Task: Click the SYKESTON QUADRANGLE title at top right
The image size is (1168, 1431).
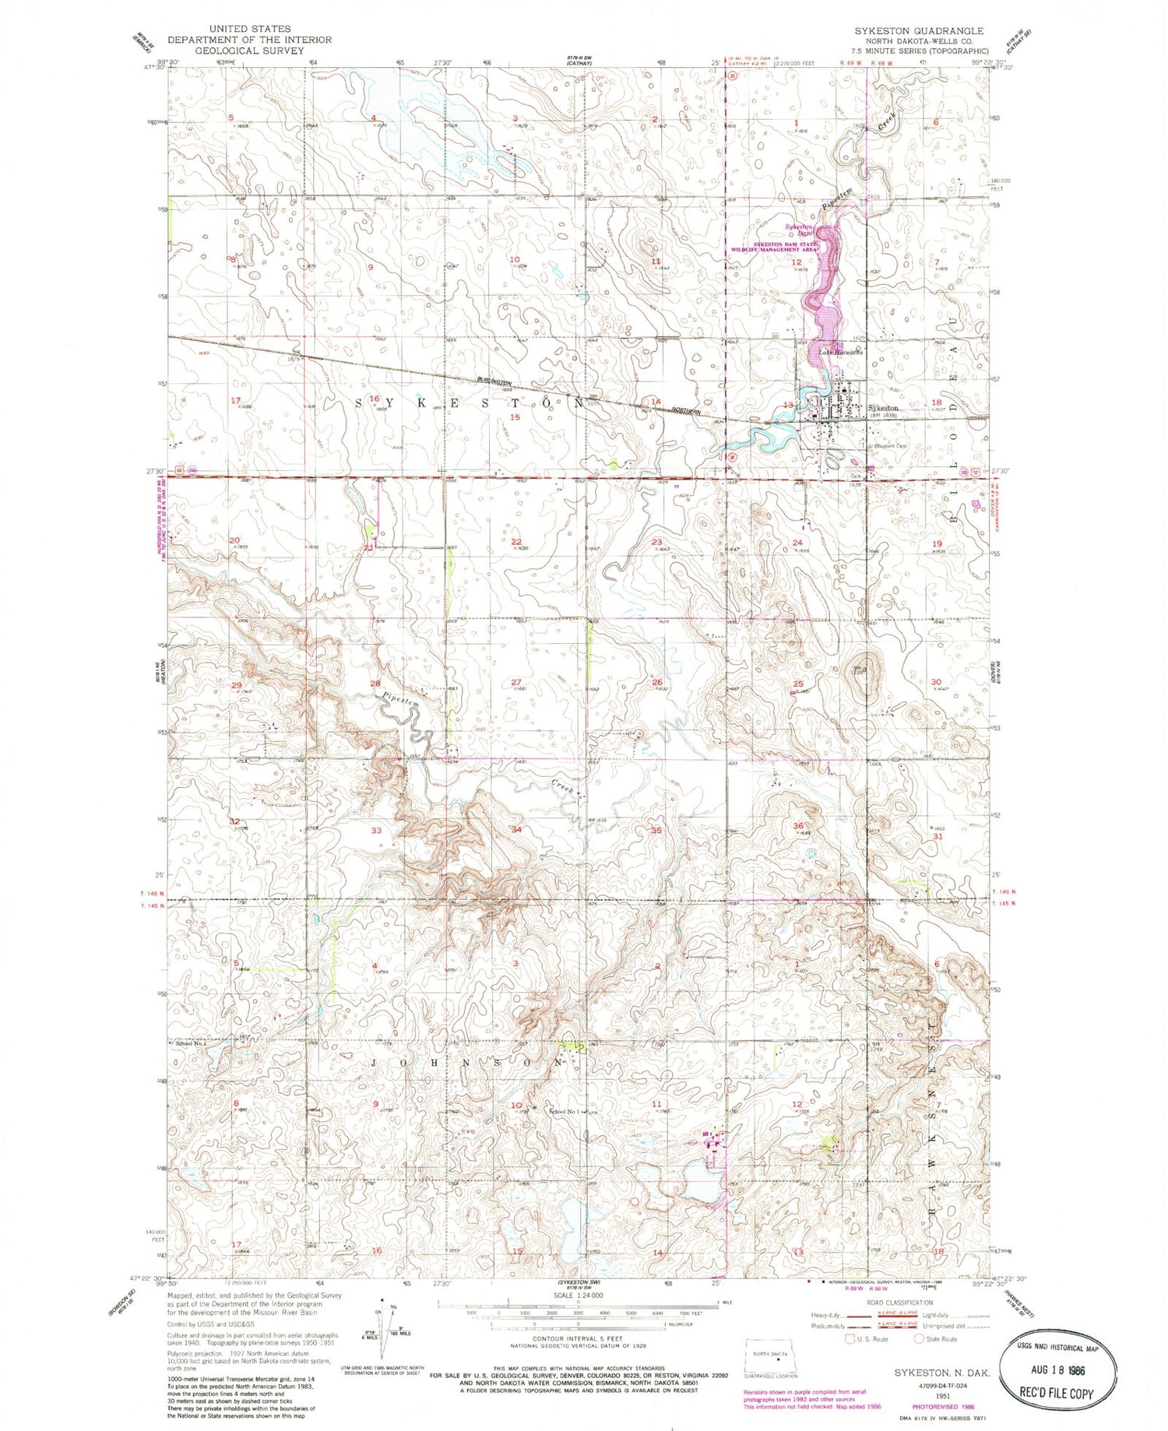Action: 919,30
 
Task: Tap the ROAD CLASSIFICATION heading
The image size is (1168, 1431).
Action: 899,1303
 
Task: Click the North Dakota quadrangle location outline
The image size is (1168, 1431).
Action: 769,1349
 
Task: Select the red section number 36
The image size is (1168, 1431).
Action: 798,825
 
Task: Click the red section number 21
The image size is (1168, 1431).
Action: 368,547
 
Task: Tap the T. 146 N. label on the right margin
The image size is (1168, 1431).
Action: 1004,892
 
